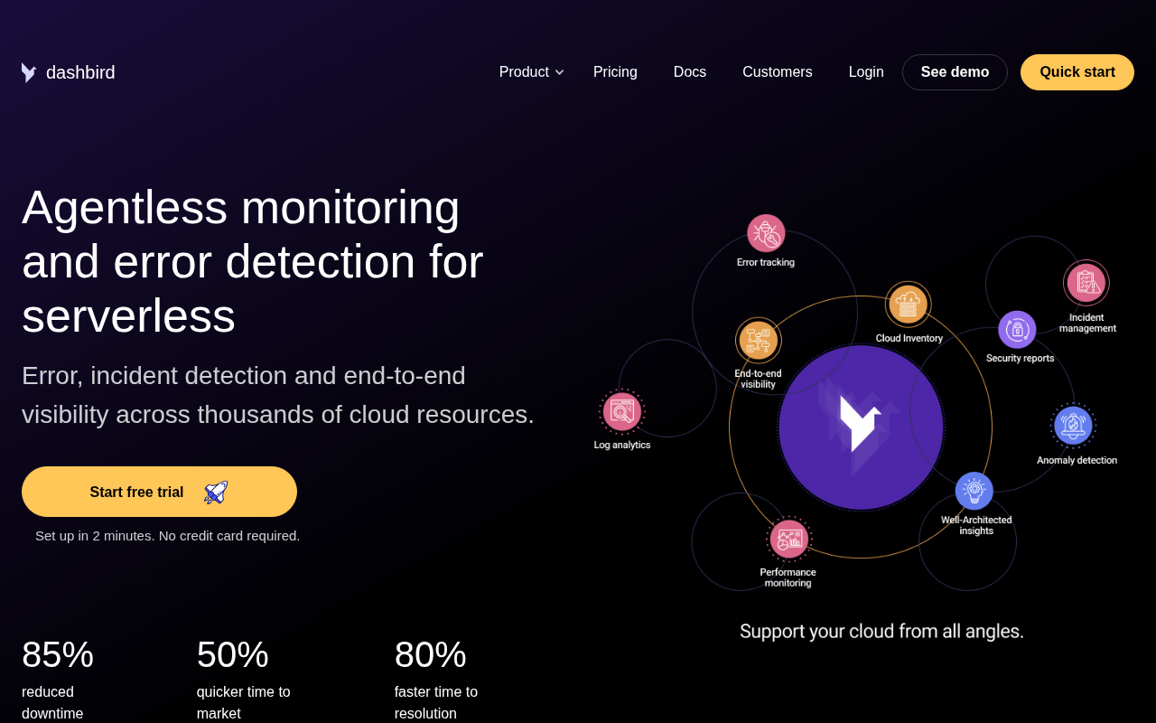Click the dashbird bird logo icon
tap(29, 72)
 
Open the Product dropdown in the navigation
tap(531, 71)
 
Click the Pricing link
tap(615, 71)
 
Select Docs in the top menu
tap(689, 71)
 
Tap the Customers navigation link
tap(778, 71)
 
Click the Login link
tap(866, 71)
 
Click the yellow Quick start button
tap(1077, 72)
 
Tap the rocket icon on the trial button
tap(216, 493)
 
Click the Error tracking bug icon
tap(766, 233)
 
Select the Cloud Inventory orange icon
tap(908, 305)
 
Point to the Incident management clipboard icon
tap(1086, 283)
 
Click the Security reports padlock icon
tap(1017, 330)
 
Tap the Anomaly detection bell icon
tap(1074, 426)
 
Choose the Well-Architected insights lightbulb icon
tap(974, 491)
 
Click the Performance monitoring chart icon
tap(788, 540)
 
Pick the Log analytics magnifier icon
tap(622, 411)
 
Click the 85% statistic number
tap(57, 654)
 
